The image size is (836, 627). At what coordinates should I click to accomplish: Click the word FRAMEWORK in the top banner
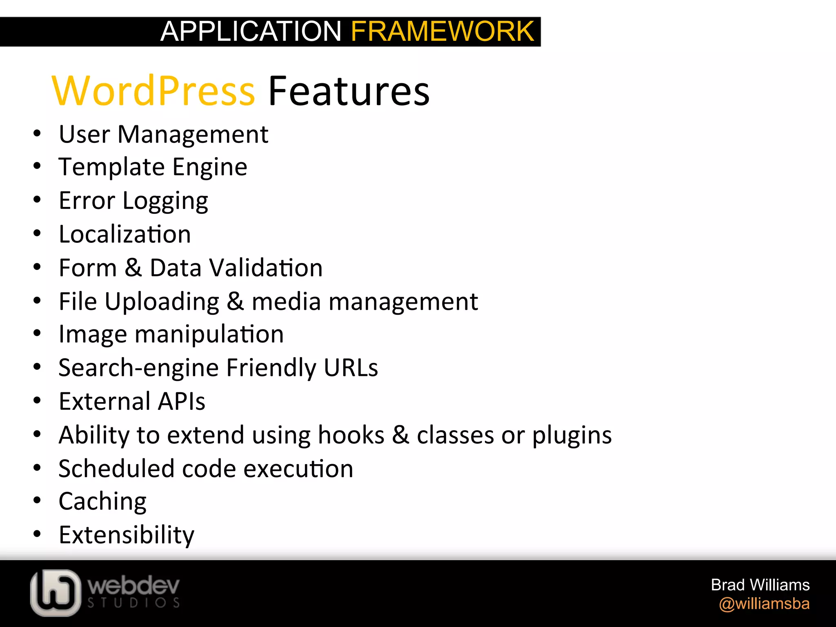(x=442, y=31)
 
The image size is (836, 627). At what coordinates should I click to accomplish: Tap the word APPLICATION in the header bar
(x=251, y=31)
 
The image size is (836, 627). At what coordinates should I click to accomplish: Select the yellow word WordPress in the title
(x=153, y=91)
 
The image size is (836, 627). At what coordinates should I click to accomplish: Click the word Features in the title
(x=349, y=91)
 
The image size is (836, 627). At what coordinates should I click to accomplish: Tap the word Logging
(x=165, y=201)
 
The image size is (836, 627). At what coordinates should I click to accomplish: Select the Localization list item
(x=125, y=234)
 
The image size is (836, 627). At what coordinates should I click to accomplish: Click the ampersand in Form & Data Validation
(x=133, y=268)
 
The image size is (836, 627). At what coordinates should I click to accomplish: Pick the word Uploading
(x=162, y=302)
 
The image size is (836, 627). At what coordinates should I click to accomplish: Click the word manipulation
(x=209, y=334)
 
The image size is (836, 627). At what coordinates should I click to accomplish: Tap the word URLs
(x=351, y=368)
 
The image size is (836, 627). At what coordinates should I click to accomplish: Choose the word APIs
(x=182, y=401)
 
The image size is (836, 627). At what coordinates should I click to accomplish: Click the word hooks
(x=351, y=435)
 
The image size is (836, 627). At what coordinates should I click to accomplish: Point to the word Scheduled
(x=116, y=469)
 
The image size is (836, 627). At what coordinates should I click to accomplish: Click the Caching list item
(x=102, y=502)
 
